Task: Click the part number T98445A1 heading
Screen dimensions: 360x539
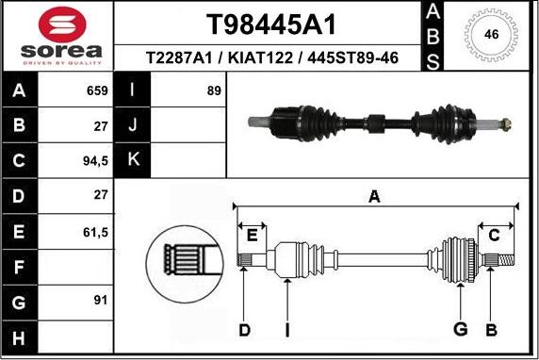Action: point(270,24)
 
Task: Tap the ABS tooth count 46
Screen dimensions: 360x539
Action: point(490,35)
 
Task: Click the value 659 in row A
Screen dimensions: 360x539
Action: point(97,90)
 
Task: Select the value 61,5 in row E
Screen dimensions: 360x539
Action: point(97,230)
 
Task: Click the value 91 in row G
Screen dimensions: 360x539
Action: point(97,301)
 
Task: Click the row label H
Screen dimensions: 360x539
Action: point(21,336)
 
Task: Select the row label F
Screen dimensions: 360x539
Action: point(21,266)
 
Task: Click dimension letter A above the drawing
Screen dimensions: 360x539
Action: point(375,196)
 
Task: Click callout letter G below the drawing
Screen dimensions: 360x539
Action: point(461,329)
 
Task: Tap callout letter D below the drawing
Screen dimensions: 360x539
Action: point(244,329)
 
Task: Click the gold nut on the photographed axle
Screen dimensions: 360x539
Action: point(506,123)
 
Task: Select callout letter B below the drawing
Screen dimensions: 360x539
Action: point(490,329)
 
